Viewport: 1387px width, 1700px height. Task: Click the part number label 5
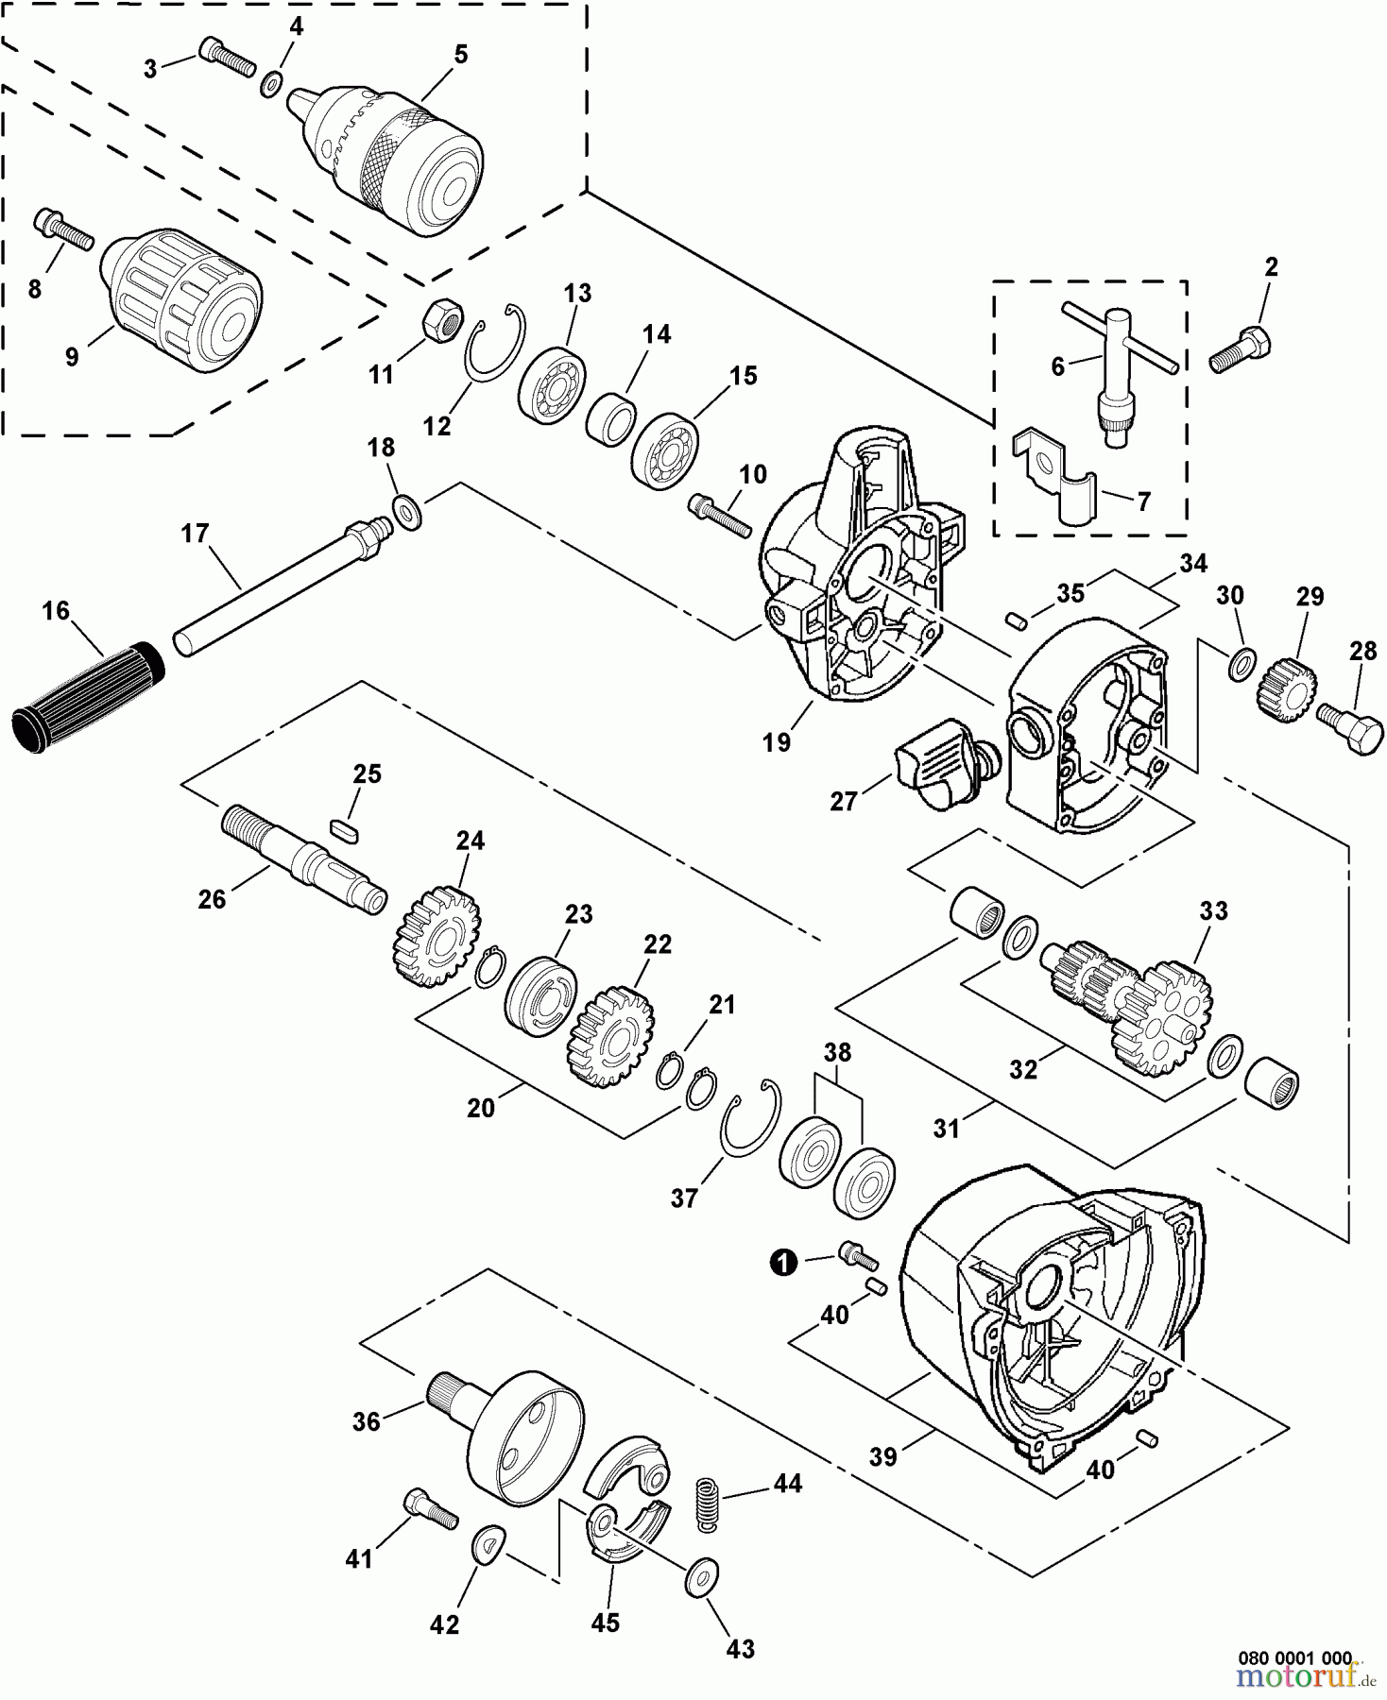point(460,55)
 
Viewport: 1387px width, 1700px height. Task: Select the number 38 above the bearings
point(837,1051)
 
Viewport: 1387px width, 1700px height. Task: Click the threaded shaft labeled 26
point(300,858)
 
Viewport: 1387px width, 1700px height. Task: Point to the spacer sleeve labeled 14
point(611,416)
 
